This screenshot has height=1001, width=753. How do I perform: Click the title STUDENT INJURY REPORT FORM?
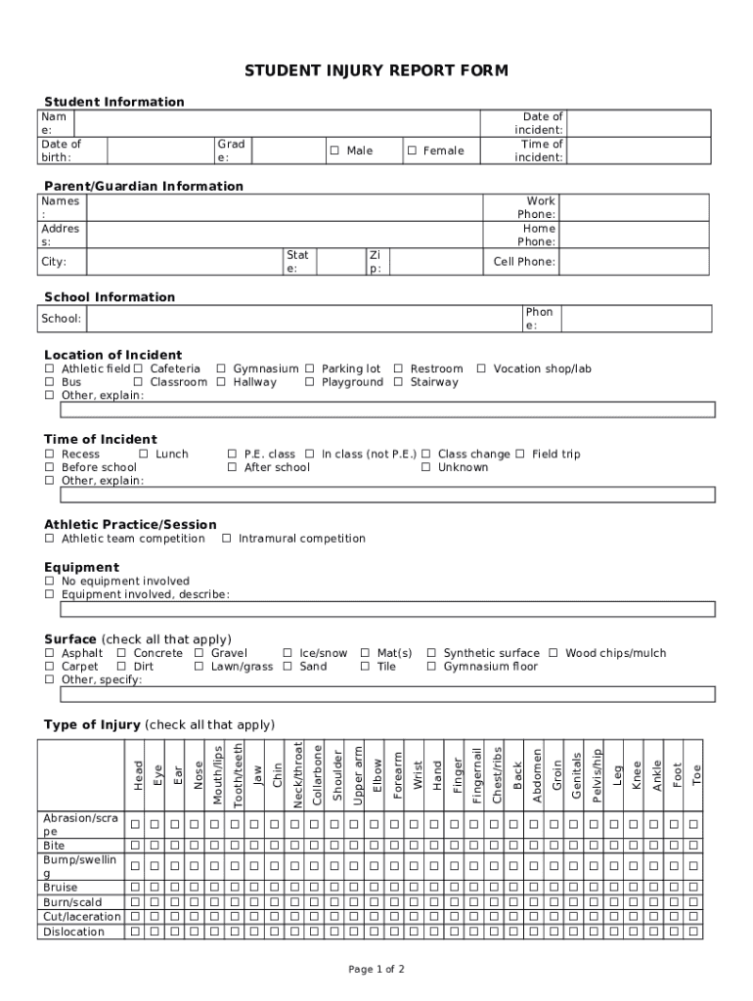coord(376,71)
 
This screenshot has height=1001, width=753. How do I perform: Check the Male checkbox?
coord(334,151)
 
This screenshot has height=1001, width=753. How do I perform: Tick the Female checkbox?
coord(412,151)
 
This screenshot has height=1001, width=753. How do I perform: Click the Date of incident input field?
coord(638,123)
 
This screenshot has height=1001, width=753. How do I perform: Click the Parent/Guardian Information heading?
coord(144,186)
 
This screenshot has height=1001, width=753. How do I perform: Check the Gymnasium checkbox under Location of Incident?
coord(221,370)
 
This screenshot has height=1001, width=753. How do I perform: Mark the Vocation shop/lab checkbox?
coord(481,370)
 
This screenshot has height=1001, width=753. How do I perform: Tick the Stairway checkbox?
coord(398,383)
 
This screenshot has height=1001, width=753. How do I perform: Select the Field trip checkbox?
coord(520,455)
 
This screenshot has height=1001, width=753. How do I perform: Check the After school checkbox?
coord(233,468)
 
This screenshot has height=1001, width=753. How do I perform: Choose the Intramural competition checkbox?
coord(227,539)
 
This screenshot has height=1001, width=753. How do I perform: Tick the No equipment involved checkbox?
coord(50,582)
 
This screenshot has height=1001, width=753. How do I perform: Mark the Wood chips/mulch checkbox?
coord(554,653)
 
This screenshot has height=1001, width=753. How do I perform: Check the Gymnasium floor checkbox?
coord(432,667)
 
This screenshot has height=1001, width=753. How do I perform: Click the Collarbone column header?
coord(317,774)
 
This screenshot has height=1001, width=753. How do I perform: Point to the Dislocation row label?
coord(73,932)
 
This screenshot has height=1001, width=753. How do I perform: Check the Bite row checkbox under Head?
coord(136,845)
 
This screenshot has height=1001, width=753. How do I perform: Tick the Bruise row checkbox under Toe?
coord(693,888)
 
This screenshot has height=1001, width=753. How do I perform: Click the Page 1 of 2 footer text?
coord(376,970)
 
